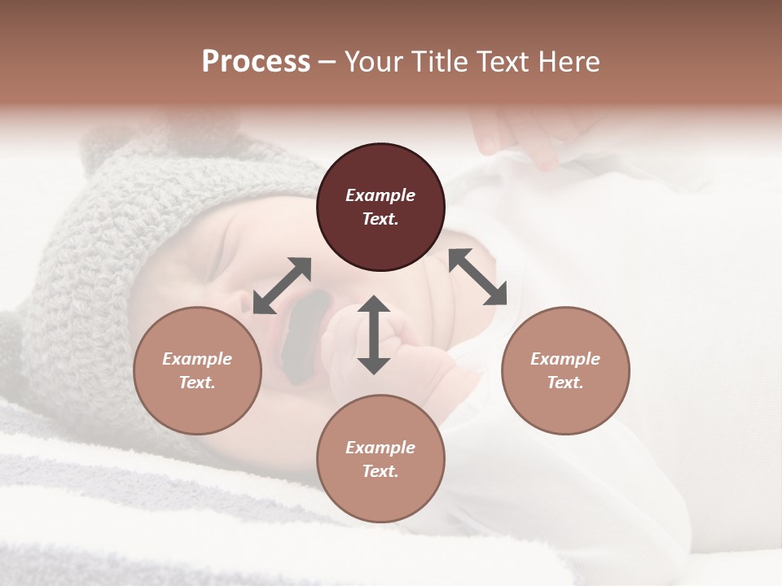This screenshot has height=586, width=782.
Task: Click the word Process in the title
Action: pyautogui.click(x=256, y=62)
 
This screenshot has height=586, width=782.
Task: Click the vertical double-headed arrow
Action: pyautogui.click(x=374, y=335)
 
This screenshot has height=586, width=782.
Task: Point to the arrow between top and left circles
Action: pyautogui.click(x=282, y=286)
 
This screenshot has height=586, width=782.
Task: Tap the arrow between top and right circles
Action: pyautogui.click(x=478, y=277)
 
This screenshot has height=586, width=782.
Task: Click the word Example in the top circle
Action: pyautogui.click(x=380, y=195)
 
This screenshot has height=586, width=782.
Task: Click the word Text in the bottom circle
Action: pyautogui.click(x=379, y=471)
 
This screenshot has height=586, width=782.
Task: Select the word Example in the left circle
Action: pyautogui.click(x=197, y=359)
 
